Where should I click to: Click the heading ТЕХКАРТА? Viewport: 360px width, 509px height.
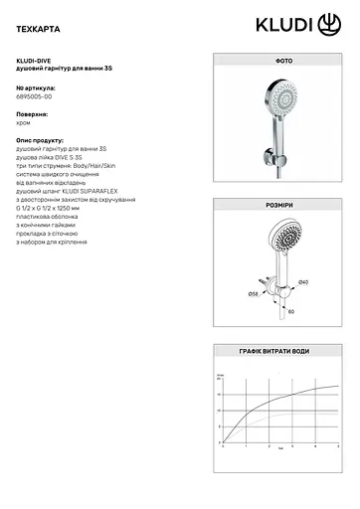(x=39, y=22)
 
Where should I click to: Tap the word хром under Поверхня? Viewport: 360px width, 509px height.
(x=25, y=124)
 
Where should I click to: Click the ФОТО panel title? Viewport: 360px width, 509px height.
(x=274, y=61)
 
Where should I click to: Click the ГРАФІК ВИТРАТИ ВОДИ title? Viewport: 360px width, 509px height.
(x=274, y=352)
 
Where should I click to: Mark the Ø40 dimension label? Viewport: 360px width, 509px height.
(x=302, y=283)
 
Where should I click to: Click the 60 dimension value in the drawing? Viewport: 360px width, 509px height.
(x=291, y=310)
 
